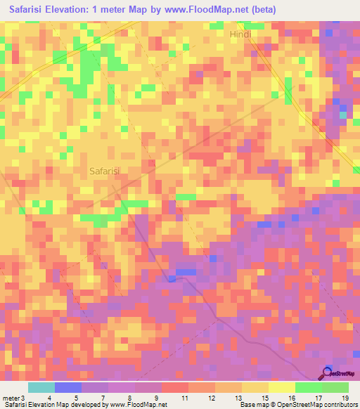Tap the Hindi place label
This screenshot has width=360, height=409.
click(240, 34)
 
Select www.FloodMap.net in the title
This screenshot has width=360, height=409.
click(205, 10)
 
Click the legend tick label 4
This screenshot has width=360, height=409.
click(49, 397)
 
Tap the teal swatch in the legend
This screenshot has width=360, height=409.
click(41, 387)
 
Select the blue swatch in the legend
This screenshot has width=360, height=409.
click(68, 387)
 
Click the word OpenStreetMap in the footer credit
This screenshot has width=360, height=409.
click(299, 405)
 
